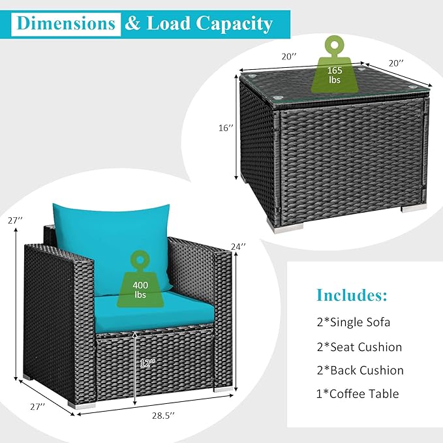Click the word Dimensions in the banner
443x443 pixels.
pos(66,23)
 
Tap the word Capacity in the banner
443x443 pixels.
pos(234,24)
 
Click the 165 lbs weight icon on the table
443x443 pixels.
pos(335,65)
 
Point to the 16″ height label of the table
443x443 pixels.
pos(226,128)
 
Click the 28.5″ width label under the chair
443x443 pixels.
pos(163,416)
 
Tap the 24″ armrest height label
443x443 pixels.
pos(238,247)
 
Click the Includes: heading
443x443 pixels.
pos(352,295)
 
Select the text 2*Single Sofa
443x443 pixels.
pos(354,322)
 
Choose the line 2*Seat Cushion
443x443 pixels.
pos(359,347)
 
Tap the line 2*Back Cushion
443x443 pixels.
pos(360,371)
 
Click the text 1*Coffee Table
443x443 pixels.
pos(358,394)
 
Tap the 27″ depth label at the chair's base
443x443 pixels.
pos(38,407)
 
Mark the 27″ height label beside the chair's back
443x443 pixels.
pos(15,221)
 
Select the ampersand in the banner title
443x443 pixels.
pos(132,23)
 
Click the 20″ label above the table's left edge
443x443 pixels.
pos(289,57)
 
